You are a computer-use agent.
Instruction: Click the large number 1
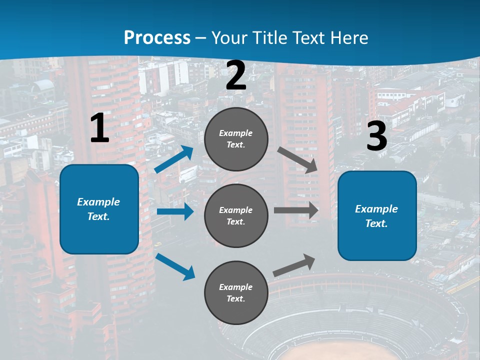99,128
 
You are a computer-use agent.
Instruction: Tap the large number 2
236,76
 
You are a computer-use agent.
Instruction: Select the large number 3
377,136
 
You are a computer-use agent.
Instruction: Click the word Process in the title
157,37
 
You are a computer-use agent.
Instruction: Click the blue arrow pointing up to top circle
174,159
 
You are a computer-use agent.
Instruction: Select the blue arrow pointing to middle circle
175,211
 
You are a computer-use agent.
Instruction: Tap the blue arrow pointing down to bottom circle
175,266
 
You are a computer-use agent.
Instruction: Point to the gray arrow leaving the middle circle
296,210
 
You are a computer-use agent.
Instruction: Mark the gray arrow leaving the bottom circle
294,265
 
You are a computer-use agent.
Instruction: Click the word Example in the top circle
236,133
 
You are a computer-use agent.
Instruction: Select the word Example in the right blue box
376,209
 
